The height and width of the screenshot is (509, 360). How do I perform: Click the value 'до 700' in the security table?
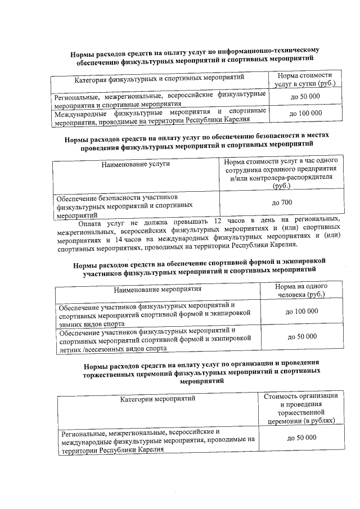click(282, 202)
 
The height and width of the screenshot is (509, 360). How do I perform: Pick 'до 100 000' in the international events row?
click(305, 113)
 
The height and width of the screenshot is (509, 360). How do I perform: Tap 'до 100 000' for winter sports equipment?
click(301, 311)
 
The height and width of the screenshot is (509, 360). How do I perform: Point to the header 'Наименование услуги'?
click(136, 164)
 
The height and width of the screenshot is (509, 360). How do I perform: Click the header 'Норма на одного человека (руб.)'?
click(301, 290)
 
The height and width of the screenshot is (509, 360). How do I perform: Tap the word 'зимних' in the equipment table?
click(71, 324)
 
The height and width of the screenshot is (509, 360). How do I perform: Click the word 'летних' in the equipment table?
click(70, 349)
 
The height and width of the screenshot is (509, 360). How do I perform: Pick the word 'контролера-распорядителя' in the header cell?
click(281, 178)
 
